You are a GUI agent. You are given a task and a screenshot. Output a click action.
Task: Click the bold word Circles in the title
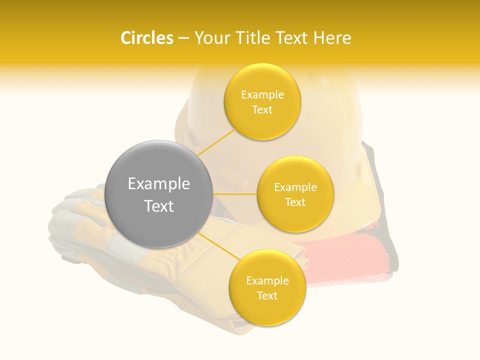coord(146,38)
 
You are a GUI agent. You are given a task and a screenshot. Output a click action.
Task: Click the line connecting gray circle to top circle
coord(216,141)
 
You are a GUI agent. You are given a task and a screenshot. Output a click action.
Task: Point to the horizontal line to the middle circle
coord(235,194)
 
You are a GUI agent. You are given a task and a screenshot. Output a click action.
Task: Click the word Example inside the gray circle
coord(159,184)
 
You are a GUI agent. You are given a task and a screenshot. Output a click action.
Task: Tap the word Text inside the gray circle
coord(159,206)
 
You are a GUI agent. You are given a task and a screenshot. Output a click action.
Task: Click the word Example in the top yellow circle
coord(262,95)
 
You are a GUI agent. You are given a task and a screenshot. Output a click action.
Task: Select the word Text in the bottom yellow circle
coord(267,295)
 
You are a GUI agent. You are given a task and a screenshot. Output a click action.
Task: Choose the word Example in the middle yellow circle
coord(295,187)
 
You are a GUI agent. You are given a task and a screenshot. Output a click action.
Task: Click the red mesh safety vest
coord(350,260)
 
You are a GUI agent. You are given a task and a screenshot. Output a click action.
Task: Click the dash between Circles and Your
coord(183,38)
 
